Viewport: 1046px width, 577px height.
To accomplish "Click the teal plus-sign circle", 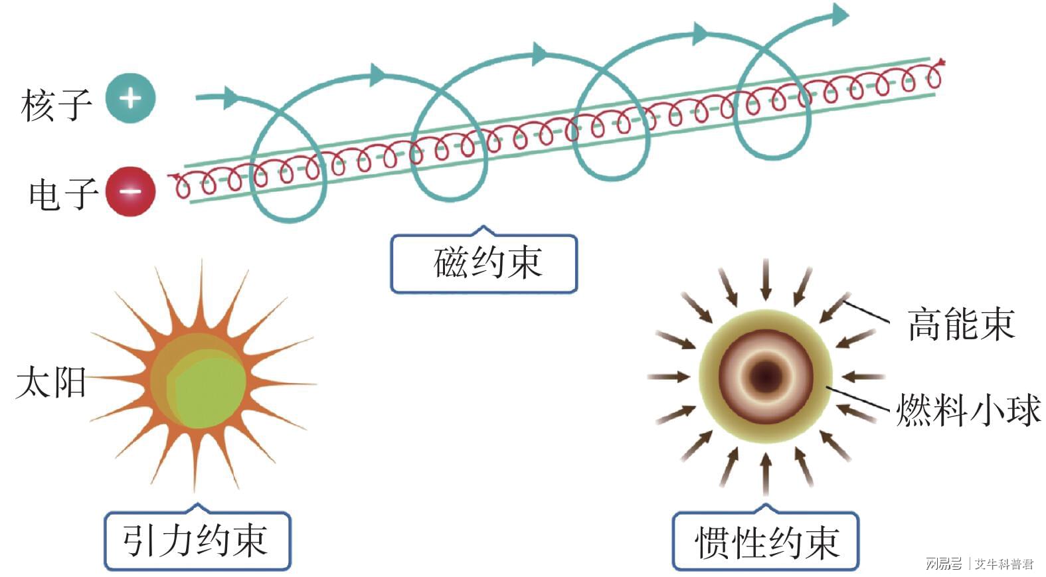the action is tap(130, 98).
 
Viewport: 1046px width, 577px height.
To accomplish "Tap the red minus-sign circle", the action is tap(130, 191).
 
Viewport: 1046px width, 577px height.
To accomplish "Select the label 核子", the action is tap(56, 104).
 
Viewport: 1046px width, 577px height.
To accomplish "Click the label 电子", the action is tap(64, 194).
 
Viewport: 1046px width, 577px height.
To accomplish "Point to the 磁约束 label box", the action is tap(484, 262).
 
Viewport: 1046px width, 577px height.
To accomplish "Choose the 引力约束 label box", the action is tap(197, 540).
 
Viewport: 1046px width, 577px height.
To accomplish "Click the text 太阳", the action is tap(51, 382).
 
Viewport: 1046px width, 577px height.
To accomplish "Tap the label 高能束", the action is tap(962, 325).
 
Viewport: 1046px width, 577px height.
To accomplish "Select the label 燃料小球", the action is tap(968, 410).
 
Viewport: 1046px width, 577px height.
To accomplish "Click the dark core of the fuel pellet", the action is tap(766, 376).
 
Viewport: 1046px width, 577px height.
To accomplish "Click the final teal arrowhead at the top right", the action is tap(840, 15).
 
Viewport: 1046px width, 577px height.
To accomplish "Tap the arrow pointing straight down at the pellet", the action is tap(766, 280).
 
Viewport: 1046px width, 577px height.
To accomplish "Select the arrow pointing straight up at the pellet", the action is tap(766, 474).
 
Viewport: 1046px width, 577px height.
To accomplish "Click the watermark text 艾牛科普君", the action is tap(1004, 564).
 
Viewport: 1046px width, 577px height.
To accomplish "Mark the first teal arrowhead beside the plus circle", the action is tap(231, 98).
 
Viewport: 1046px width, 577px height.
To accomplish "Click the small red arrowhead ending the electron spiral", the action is tap(941, 62).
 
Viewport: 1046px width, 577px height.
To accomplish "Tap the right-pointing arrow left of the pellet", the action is tap(669, 376).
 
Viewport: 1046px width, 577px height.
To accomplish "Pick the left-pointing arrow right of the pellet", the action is tap(863, 376).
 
